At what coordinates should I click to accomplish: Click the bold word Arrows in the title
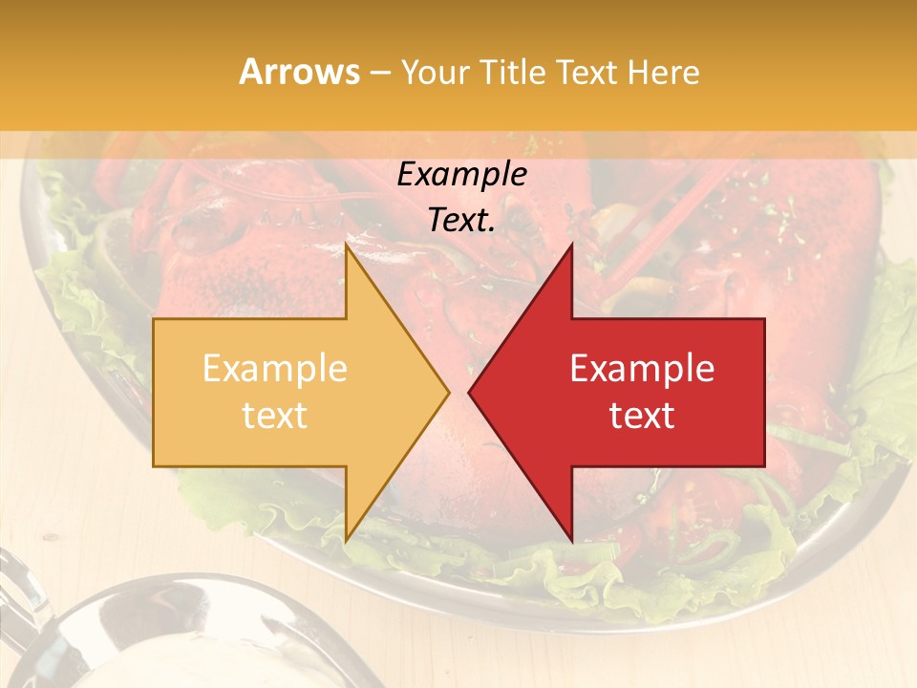(299, 72)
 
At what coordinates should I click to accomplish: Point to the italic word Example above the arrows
(461, 175)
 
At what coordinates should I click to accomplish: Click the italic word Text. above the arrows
(461, 220)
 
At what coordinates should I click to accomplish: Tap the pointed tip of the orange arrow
(447, 392)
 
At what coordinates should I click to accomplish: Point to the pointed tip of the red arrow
(470, 392)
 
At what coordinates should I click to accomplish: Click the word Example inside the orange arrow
(274, 369)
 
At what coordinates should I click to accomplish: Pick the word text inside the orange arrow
(274, 416)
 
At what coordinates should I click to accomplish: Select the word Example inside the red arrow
(642, 369)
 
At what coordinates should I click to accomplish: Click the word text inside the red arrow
(642, 416)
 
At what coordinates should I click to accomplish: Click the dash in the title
(380, 74)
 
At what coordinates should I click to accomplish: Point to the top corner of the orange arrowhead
(346, 247)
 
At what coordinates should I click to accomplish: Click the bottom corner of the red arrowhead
(571, 539)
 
